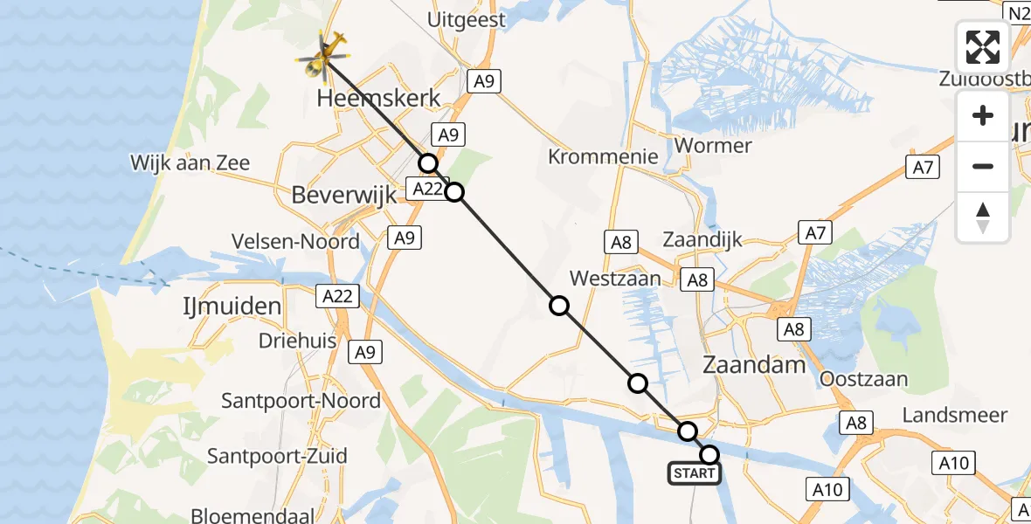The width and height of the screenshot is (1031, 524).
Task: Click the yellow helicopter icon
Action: pos(323,56)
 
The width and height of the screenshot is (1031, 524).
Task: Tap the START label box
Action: pos(695,474)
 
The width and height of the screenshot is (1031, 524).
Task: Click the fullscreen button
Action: pos(983,46)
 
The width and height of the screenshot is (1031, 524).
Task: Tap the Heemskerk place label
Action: pos(378,98)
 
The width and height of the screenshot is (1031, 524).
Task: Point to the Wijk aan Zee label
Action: pos(190,162)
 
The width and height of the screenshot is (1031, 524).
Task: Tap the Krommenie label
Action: pos(603,157)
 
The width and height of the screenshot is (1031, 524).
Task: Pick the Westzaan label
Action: pos(615,279)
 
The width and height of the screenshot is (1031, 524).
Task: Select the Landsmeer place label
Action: pos(955,415)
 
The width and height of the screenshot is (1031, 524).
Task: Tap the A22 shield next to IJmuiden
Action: pos(336,296)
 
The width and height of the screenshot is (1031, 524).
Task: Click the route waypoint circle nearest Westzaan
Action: pos(558,305)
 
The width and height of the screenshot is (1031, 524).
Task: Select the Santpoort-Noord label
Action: pos(301,401)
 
